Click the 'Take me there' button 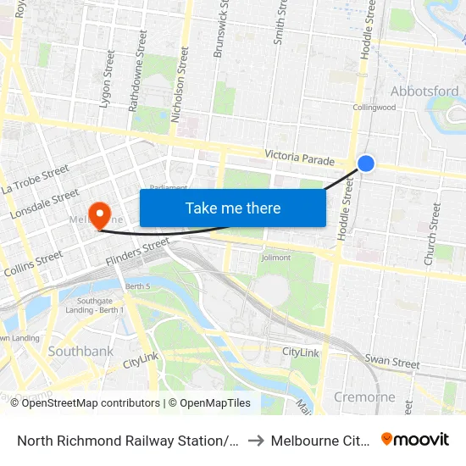click(x=233, y=208)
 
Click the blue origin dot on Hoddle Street click(x=366, y=163)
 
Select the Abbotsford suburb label click(x=424, y=92)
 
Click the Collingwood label click(x=374, y=108)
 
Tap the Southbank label click(x=81, y=351)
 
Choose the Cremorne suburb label click(x=365, y=397)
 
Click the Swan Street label click(x=392, y=363)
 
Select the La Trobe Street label click(x=36, y=180)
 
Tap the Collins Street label click(x=34, y=264)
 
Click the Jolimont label click(x=276, y=258)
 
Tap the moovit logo click(x=415, y=440)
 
